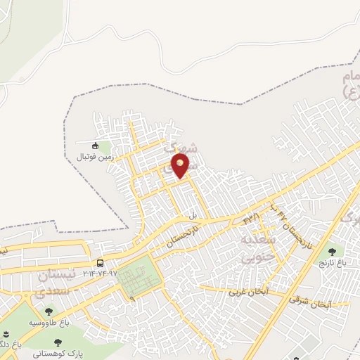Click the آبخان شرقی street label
(x=309, y=302)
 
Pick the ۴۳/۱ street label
(x=251, y=218)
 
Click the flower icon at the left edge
(x=5, y=334)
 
